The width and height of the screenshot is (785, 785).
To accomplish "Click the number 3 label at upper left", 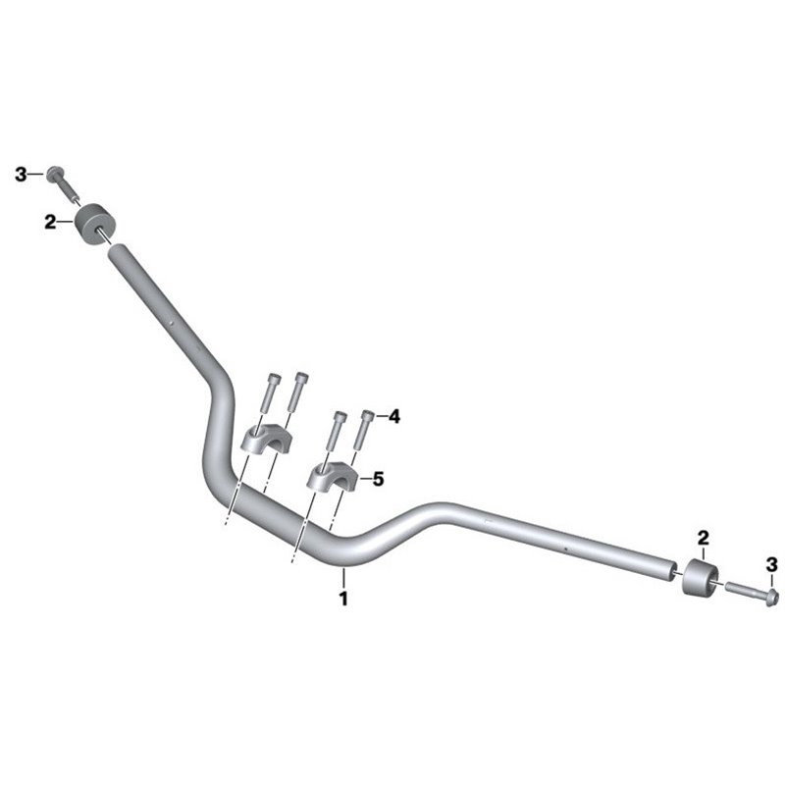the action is pos(21,176).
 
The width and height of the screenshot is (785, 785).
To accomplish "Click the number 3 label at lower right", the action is pos(772,565).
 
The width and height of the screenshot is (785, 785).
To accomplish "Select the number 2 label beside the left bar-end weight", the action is pos(51,222).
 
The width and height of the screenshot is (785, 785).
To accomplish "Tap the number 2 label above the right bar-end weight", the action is pos(704,538).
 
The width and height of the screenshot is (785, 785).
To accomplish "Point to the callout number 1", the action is pos(343,599).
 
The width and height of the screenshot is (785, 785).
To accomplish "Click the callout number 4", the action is pos(395,416).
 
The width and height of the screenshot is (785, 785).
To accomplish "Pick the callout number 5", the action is pos(379,479).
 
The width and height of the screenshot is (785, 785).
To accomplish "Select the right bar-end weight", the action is pos(701,577).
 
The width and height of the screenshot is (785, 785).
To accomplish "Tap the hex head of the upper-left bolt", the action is pos(54,175).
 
